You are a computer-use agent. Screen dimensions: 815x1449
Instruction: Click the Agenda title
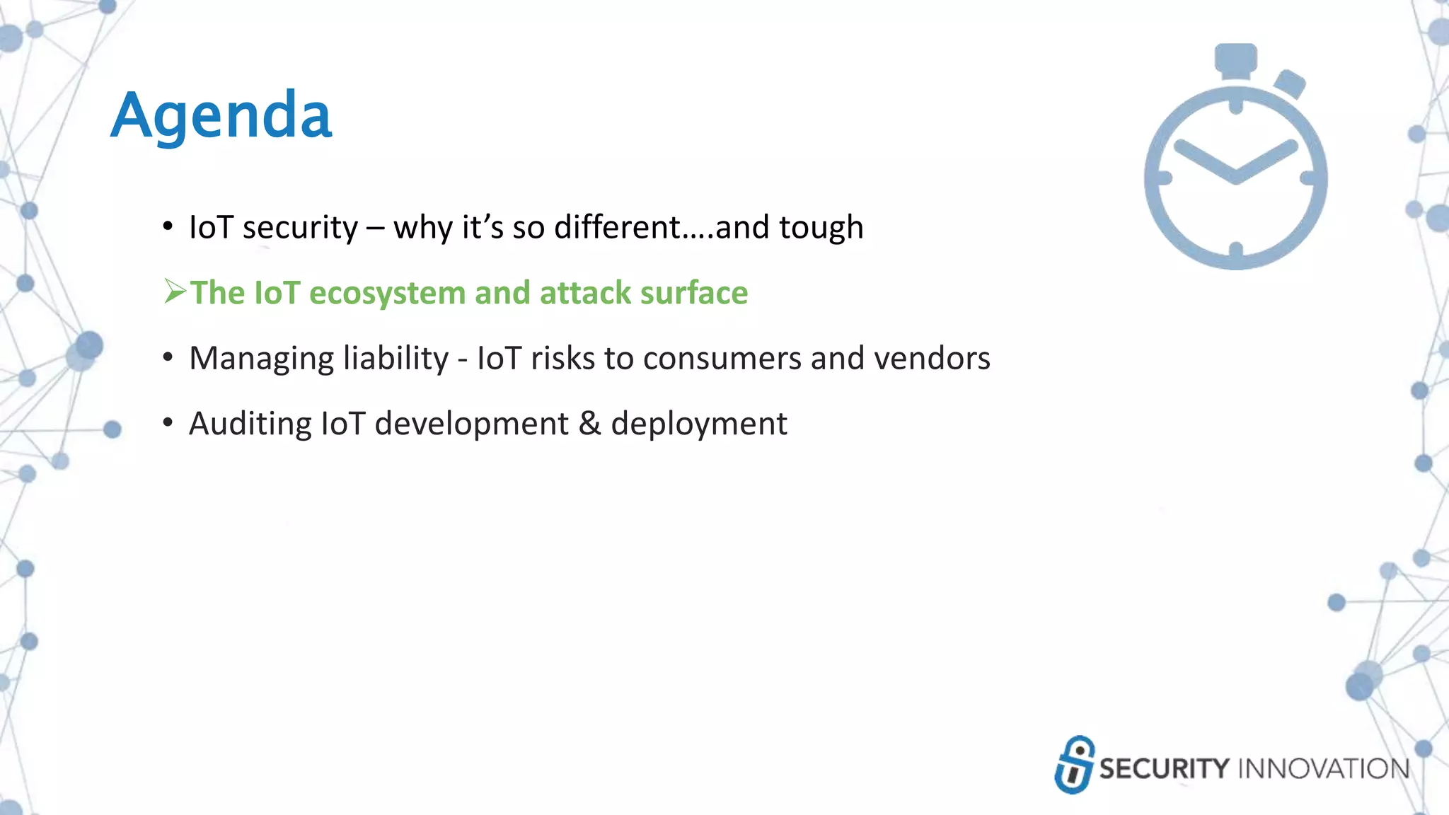(x=221, y=116)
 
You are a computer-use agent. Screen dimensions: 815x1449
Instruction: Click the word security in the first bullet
(x=300, y=228)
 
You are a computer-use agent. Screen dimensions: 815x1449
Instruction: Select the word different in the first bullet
(x=617, y=228)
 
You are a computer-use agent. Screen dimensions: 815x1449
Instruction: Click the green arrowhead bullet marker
(x=175, y=291)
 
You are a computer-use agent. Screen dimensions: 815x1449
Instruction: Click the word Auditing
(x=250, y=424)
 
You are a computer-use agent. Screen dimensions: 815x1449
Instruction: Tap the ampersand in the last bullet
(x=589, y=424)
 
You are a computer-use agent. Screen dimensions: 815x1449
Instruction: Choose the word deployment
(x=698, y=424)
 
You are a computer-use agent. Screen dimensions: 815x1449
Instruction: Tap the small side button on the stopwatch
(x=1290, y=84)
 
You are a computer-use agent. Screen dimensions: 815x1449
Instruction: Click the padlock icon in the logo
(x=1074, y=765)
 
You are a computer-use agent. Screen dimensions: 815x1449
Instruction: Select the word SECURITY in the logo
(x=1165, y=769)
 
